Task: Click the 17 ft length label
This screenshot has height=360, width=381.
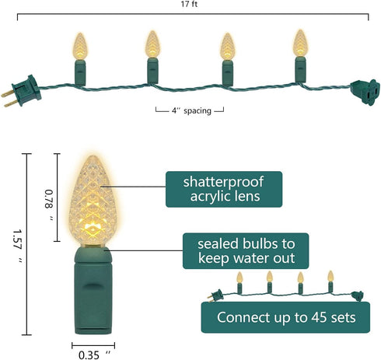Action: point(189,4)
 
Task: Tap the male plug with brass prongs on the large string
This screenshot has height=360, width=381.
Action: point(22,91)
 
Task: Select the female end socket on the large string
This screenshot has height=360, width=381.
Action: point(365,92)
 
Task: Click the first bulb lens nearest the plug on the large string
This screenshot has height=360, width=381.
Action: point(80,47)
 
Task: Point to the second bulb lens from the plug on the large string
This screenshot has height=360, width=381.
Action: point(152,44)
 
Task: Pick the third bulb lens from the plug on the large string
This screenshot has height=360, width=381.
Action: point(228,47)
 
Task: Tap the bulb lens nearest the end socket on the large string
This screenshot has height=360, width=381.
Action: point(300,43)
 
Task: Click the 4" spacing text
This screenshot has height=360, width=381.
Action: point(191,111)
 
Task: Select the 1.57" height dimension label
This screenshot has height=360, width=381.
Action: point(18,246)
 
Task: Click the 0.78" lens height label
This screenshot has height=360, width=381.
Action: point(49,205)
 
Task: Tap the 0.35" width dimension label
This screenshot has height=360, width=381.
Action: point(94,355)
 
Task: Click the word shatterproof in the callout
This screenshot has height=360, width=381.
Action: point(223,182)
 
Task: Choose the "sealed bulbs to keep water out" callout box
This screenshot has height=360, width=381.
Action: point(246,251)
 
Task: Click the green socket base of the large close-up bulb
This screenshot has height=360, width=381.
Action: point(93,290)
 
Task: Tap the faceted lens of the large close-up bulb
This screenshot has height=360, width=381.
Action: point(93,200)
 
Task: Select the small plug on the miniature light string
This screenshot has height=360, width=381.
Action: point(215,295)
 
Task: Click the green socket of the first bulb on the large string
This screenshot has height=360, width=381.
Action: point(80,72)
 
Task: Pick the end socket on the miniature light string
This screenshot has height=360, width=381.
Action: point(358,296)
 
